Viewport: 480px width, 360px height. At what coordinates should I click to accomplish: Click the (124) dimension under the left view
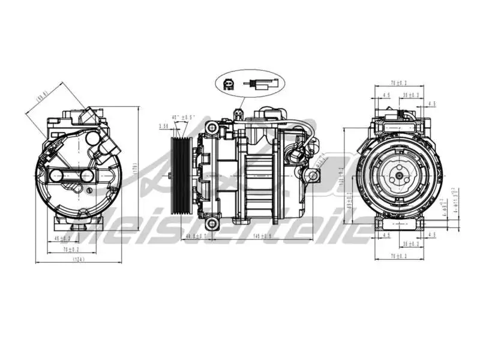[x=78, y=259]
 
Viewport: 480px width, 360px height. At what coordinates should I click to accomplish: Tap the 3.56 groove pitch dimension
[x=164, y=126]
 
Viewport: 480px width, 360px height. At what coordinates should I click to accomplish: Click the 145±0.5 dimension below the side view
[x=263, y=236]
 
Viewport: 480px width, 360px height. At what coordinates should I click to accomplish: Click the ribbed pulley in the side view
[x=180, y=175]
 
